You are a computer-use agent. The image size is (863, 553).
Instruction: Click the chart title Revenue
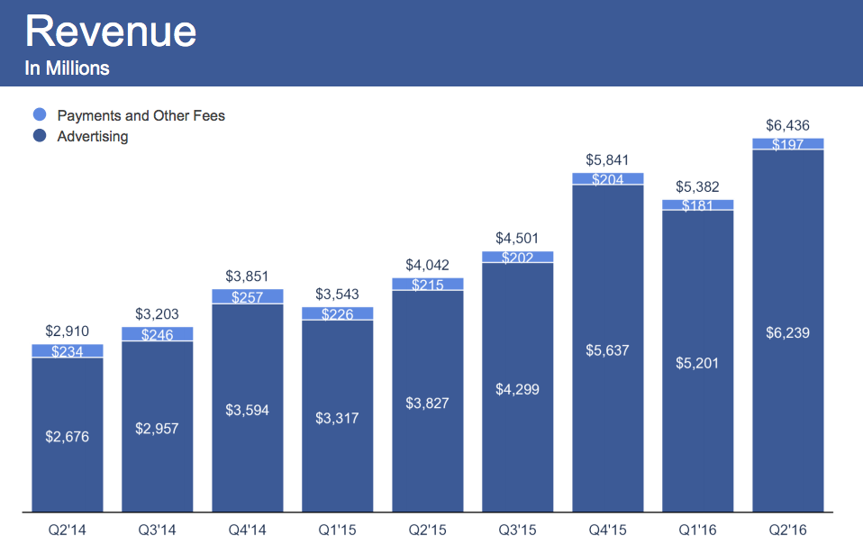111,32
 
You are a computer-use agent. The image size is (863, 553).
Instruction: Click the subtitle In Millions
68,68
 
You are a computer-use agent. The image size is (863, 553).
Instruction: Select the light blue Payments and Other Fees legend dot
40,115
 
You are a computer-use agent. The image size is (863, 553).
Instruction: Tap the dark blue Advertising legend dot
40,137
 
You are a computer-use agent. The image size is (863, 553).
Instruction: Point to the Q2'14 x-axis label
68,530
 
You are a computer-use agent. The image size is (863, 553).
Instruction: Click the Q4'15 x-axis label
608,530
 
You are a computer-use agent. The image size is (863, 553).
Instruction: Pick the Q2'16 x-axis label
788,530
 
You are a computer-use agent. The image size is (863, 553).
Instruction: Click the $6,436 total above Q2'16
787,125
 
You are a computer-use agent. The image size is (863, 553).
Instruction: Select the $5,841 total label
607,160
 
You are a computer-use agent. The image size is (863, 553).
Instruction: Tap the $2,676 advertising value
68,437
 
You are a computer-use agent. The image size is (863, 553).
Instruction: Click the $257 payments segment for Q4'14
248,297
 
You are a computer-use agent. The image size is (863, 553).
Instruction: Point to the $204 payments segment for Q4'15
608,179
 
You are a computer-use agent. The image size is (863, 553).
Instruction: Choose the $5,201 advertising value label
698,363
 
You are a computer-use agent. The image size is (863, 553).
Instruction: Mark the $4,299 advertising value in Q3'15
518,389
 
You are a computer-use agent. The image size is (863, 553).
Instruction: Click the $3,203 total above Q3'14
158,314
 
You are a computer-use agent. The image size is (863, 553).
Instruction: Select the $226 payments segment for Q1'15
338,314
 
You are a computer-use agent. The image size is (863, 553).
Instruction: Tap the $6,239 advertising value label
788,332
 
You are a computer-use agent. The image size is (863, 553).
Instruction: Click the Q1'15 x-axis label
338,530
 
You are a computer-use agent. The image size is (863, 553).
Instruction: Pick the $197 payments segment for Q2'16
788,144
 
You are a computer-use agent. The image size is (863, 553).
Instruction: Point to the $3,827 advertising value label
428,402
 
